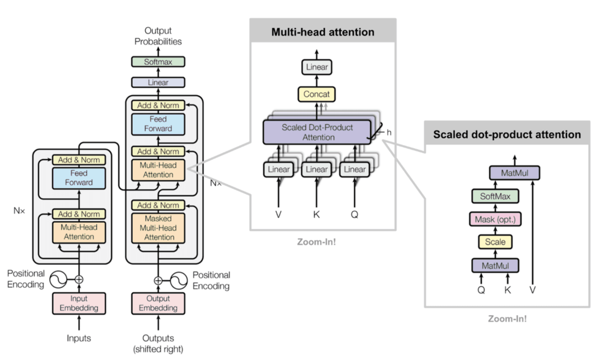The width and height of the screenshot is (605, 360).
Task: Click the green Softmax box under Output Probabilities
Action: [x=158, y=62]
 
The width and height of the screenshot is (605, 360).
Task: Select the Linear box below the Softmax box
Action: [x=158, y=82]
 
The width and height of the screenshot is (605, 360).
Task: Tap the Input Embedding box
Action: [x=79, y=303]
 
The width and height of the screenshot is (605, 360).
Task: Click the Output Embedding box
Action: [x=158, y=303]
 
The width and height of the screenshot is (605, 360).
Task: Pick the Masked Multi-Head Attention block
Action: [x=158, y=228]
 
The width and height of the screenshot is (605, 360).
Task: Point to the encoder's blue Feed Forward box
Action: [x=79, y=177]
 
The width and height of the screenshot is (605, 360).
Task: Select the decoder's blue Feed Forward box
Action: [x=158, y=124]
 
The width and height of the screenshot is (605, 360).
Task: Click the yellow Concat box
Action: [x=317, y=94]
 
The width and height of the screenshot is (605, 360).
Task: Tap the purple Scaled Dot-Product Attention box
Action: [x=318, y=132]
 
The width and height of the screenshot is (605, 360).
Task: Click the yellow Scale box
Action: [x=496, y=242]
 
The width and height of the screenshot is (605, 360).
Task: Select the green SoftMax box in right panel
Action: [x=496, y=196]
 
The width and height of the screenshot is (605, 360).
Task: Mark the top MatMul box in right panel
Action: [x=514, y=173]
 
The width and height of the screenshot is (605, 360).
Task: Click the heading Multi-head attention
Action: [x=323, y=32]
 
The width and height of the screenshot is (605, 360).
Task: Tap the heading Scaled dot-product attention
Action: [x=506, y=134]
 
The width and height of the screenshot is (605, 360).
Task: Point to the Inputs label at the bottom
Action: [x=78, y=338]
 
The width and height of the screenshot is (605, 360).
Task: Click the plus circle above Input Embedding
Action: [x=79, y=279]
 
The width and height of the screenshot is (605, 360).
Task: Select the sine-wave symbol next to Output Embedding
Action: [x=179, y=279]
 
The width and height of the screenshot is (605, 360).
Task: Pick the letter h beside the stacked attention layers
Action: [x=389, y=133]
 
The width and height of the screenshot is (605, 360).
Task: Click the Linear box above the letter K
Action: [x=317, y=169]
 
